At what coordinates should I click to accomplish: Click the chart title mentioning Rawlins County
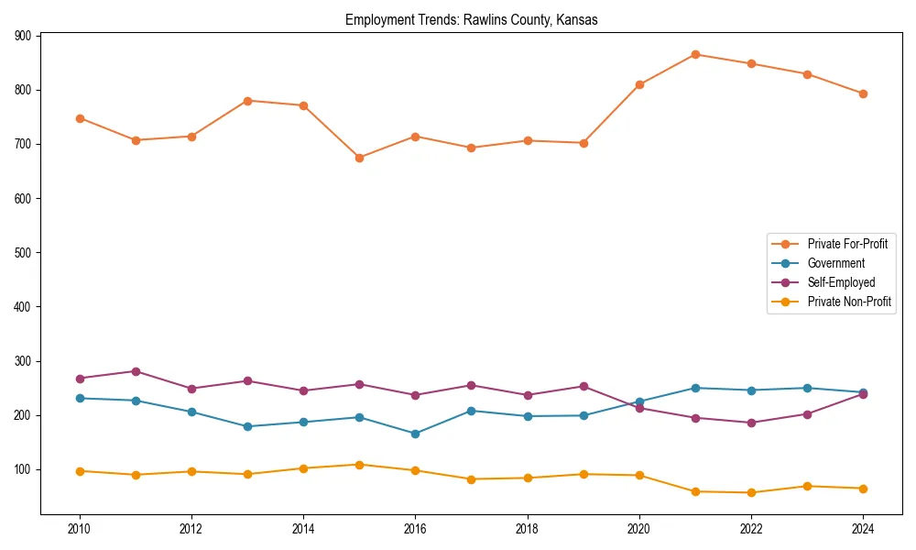click(x=471, y=19)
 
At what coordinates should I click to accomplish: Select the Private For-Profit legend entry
click(x=847, y=244)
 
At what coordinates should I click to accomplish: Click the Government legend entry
click(x=835, y=263)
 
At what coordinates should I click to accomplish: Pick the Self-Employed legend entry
click(x=841, y=282)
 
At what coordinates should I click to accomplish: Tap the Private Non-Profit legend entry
click(x=849, y=302)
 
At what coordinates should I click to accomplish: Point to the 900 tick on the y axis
click(x=22, y=36)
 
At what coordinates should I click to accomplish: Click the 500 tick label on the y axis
click(x=22, y=252)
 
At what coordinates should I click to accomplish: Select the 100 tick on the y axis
click(x=22, y=469)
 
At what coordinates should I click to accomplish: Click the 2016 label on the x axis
click(x=415, y=529)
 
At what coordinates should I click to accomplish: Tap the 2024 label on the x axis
click(x=862, y=529)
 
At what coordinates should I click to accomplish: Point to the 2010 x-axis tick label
click(x=80, y=529)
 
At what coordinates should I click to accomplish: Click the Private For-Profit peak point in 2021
click(x=695, y=55)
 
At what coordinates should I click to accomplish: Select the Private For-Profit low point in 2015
click(x=359, y=158)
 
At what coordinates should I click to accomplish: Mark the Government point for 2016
click(x=415, y=434)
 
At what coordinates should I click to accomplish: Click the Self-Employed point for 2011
click(x=136, y=371)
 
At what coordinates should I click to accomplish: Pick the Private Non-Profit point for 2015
click(x=359, y=465)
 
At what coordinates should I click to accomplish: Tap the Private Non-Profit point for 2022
click(x=751, y=492)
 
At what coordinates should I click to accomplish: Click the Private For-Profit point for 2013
click(x=247, y=101)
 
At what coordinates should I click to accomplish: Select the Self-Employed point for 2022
click(x=751, y=423)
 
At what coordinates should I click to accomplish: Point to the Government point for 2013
click(x=247, y=426)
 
